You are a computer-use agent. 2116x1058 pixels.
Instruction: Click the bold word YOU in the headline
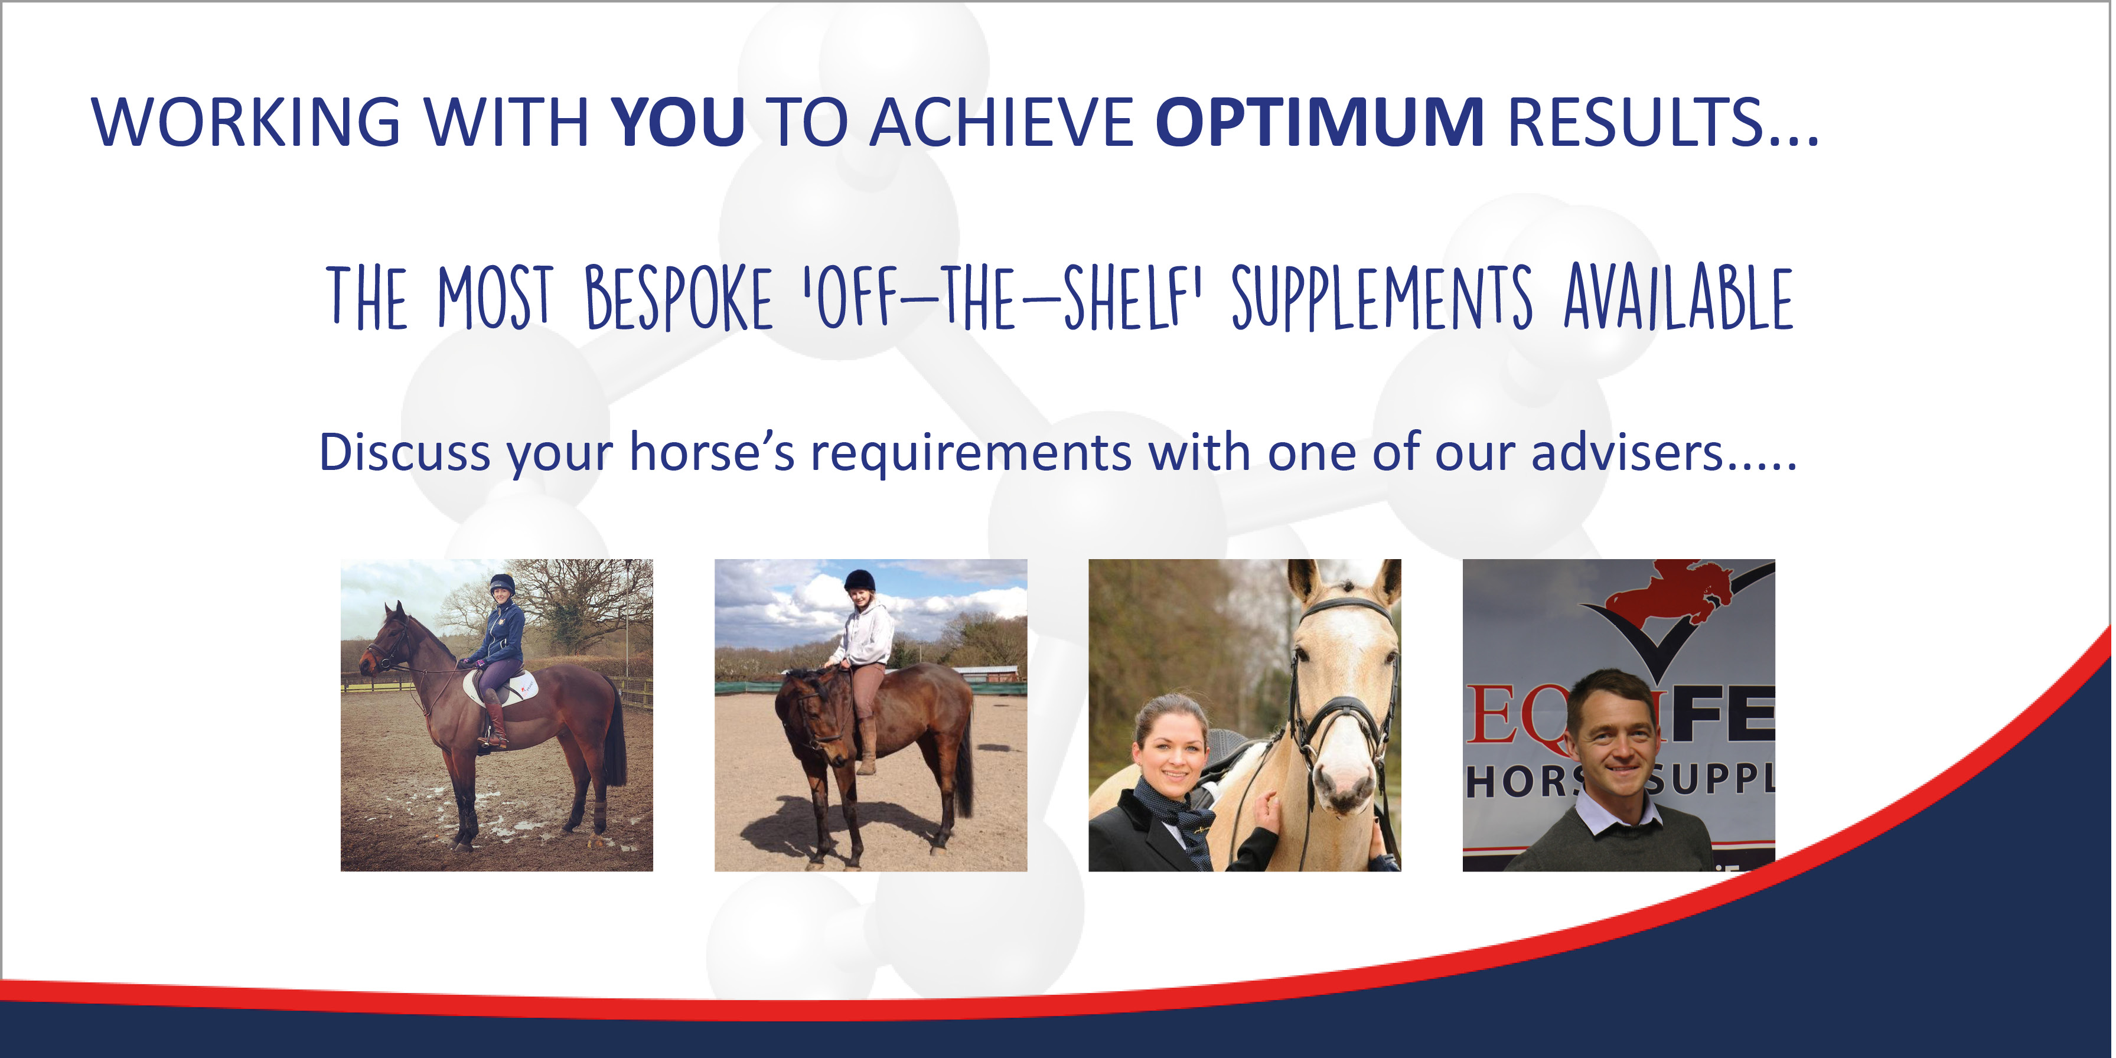[x=678, y=122]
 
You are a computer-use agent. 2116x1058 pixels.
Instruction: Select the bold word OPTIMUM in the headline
[x=1319, y=122]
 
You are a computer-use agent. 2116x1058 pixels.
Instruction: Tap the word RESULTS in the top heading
[x=1635, y=122]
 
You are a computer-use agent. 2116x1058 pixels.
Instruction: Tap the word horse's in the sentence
[x=712, y=453]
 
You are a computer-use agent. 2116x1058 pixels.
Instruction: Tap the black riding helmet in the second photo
[x=859, y=581]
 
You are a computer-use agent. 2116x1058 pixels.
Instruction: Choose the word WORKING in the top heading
[x=246, y=122]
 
